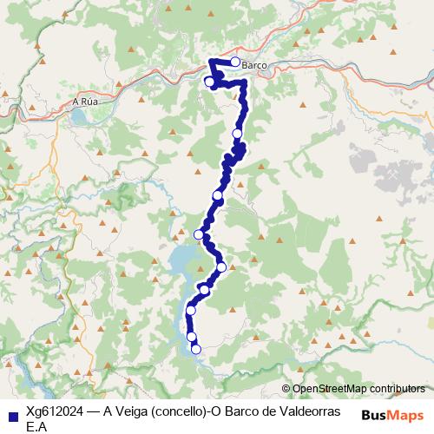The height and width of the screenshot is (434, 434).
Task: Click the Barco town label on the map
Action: point(254,66)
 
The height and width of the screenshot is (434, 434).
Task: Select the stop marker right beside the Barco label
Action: point(234,62)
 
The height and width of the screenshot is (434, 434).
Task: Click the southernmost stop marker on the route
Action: point(196,349)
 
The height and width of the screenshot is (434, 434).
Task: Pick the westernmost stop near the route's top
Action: point(209,82)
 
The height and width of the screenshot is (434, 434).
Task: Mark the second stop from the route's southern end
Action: point(192,337)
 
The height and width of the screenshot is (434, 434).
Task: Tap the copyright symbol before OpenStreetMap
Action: point(286,389)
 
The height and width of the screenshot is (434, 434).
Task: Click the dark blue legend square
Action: point(11,415)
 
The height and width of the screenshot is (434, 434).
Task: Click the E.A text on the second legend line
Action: point(36,426)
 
